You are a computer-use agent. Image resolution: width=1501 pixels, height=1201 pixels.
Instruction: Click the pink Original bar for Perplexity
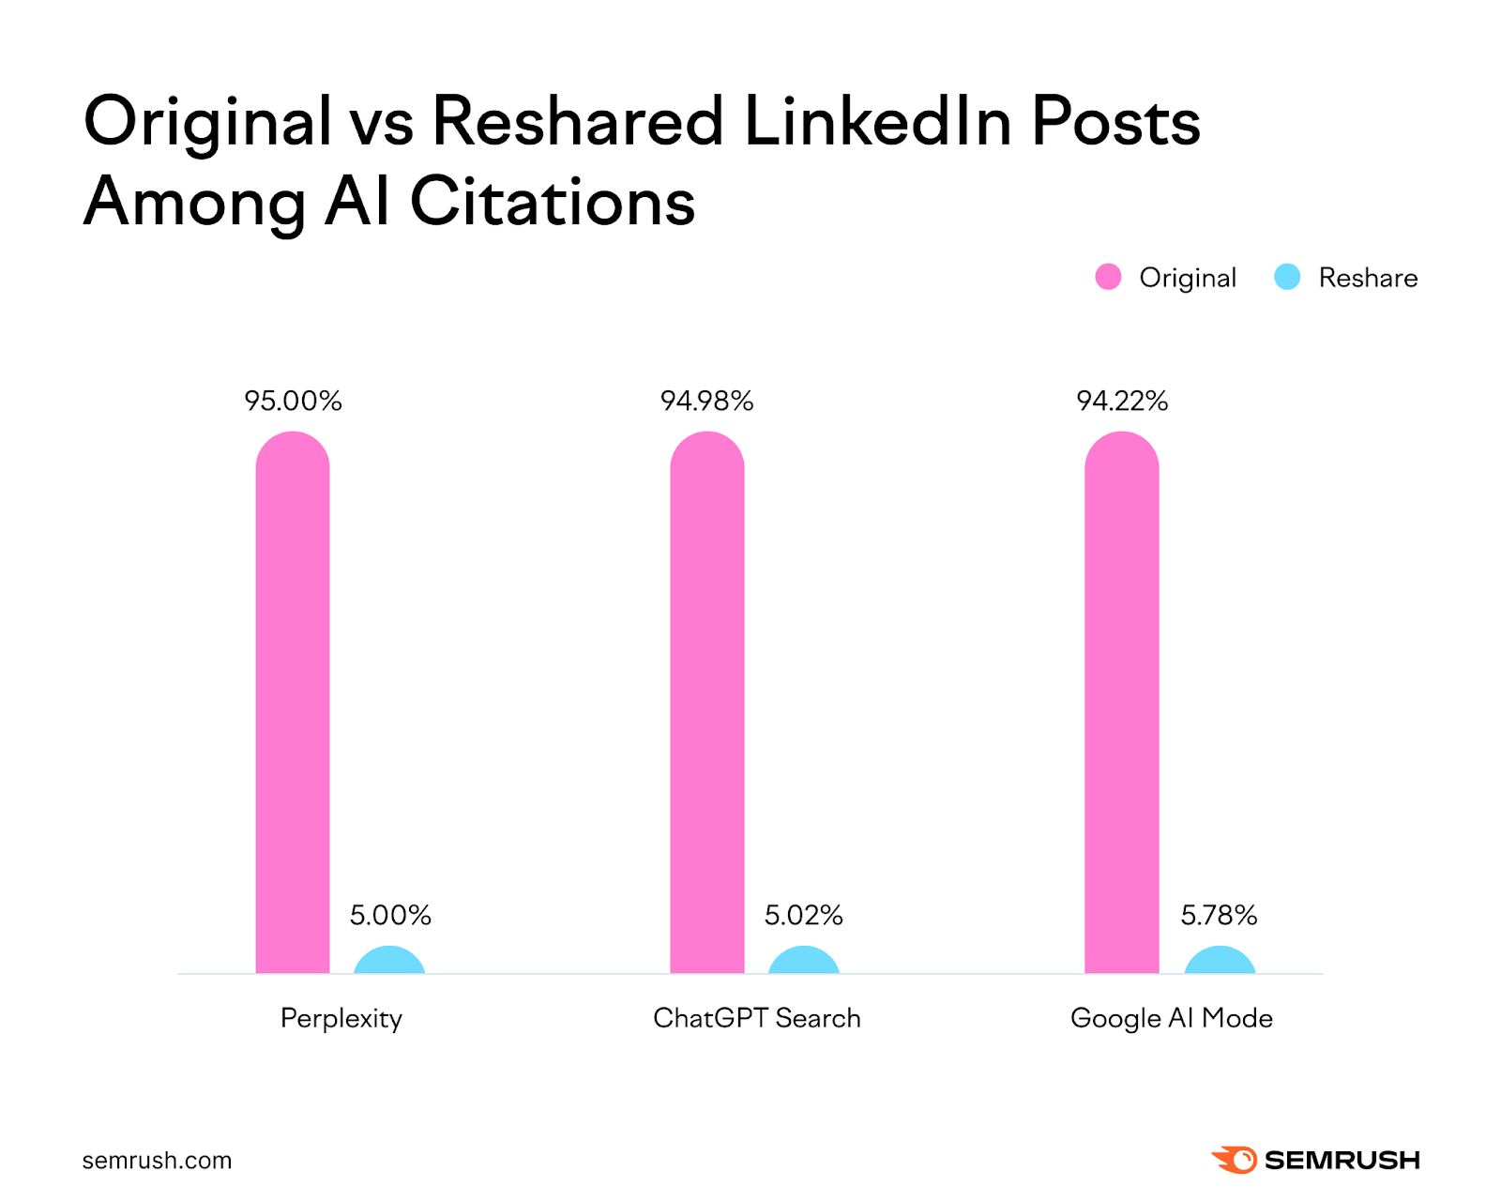293,704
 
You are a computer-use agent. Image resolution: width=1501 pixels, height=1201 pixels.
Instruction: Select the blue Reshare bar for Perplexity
389,961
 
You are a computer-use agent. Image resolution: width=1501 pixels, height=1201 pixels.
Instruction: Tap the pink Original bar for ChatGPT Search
707,704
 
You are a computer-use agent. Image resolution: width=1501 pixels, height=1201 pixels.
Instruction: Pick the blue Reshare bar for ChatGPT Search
804,961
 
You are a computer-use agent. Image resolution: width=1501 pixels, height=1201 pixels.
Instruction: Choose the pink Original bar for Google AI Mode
1122,704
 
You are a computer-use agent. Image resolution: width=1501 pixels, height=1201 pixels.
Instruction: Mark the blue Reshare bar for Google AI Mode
1220,961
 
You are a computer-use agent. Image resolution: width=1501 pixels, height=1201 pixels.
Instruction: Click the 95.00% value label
293,402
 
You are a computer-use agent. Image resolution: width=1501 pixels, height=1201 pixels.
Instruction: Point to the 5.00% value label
390,916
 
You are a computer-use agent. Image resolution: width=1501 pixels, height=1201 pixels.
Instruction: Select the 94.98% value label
707,402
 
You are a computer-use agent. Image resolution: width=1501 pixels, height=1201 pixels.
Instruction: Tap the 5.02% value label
804,916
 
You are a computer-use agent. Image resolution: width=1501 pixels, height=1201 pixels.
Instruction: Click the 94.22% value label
1122,402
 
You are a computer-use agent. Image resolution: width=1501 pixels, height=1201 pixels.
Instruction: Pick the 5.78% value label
1219,916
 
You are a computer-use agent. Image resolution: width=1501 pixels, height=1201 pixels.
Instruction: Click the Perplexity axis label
341,1019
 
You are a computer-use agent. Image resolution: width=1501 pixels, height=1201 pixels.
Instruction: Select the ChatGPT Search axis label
757,1019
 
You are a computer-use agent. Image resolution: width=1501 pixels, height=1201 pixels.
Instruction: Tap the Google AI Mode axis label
1172,1019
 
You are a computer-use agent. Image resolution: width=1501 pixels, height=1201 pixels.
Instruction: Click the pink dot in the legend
1108,277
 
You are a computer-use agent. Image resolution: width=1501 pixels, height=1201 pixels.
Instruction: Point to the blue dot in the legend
1287,277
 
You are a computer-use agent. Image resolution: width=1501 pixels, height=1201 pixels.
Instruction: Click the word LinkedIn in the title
877,122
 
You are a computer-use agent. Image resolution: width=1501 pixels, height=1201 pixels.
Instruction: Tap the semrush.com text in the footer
157,1161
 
